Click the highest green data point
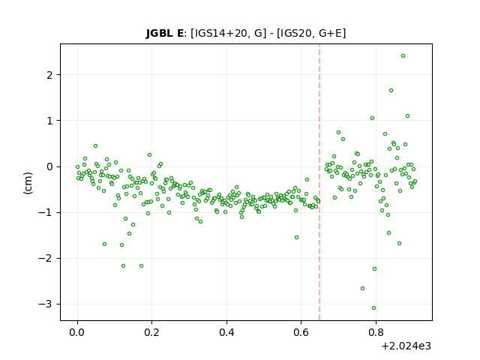(x=403, y=56)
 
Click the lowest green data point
(x=373, y=308)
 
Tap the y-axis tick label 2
(x=49, y=75)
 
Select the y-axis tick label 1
(x=49, y=121)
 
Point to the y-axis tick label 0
(x=49, y=166)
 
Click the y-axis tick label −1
(x=45, y=213)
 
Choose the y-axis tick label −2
(x=45, y=259)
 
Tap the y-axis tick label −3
(x=45, y=304)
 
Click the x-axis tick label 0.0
(x=77, y=332)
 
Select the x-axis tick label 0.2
(x=151, y=332)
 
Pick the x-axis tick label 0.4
(x=226, y=332)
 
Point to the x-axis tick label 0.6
(x=301, y=332)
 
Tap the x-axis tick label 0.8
(x=376, y=332)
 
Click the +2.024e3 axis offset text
(x=406, y=346)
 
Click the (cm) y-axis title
(x=28, y=183)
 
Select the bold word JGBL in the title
(x=160, y=33)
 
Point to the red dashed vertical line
(x=319, y=182)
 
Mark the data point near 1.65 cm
(x=391, y=91)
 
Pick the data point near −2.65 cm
(x=362, y=288)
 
